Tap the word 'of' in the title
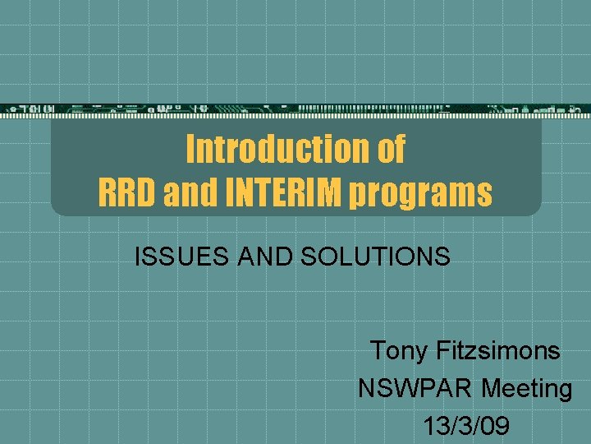click(390, 149)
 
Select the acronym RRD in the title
click(127, 193)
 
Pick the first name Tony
click(399, 351)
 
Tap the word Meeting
click(527, 389)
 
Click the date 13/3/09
click(466, 425)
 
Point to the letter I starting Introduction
click(190, 149)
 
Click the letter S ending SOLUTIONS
click(442, 257)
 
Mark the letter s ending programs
click(485, 195)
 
